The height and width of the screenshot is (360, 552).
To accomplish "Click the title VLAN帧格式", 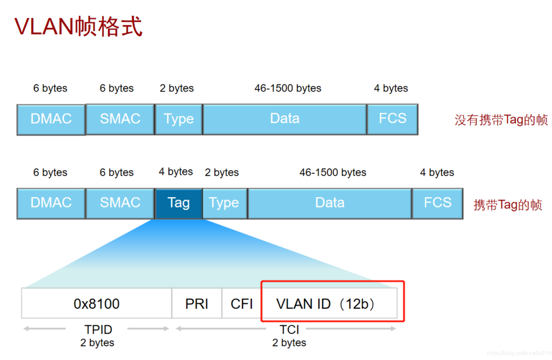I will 78,26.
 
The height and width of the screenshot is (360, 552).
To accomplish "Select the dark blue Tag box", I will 178,203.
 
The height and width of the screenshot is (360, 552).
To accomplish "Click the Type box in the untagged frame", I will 179,119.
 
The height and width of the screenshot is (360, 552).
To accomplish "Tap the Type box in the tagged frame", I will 224,203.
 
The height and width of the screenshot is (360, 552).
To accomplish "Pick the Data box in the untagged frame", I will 284,119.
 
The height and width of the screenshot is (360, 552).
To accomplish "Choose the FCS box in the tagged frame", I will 438,203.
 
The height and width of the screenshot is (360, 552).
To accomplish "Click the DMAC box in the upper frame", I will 51,119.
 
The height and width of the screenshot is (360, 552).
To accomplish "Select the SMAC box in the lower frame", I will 120,203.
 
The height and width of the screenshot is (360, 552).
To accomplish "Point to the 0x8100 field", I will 96,303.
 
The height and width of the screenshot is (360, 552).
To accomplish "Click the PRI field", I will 197,303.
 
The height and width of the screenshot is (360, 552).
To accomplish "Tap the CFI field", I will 241,303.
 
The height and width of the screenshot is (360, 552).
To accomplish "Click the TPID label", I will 98,330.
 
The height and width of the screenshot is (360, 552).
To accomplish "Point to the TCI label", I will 289,330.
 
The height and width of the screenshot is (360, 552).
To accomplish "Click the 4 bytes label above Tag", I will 175,172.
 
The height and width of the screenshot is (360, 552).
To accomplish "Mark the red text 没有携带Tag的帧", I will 501,120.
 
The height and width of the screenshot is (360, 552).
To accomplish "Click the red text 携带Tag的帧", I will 507,205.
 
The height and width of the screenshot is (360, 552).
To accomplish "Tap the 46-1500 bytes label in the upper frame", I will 288,88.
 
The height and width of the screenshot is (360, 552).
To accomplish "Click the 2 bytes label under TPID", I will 97,343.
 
